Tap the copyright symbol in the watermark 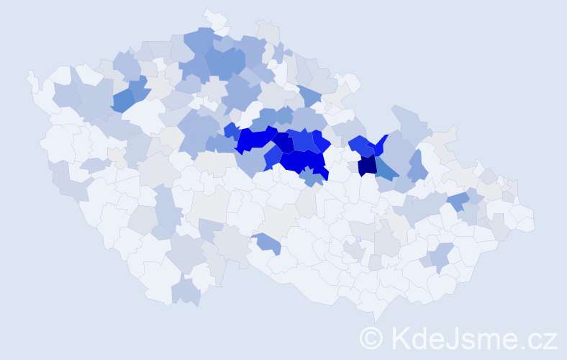tap(372, 338)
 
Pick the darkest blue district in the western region tap(123, 100)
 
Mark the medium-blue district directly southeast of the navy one tap(386, 170)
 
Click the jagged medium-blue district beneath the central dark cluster tap(311, 175)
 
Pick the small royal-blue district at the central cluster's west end tap(230, 130)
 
